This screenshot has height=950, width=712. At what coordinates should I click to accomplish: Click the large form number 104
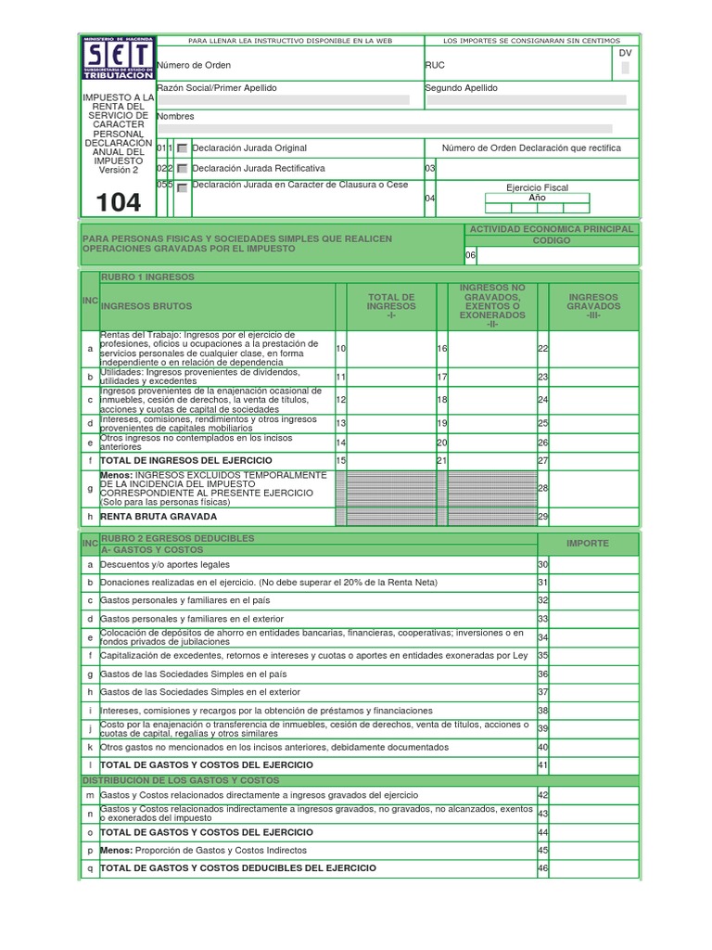[x=119, y=202]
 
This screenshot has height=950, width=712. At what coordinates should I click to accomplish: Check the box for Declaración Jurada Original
[x=183, y=148]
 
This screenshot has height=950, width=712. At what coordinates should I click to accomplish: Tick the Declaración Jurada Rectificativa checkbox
[x=183, y=169]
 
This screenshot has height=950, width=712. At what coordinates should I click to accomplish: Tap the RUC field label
[x=435, y=65]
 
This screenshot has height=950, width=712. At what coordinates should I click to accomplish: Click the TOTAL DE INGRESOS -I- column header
[x=391, y=306]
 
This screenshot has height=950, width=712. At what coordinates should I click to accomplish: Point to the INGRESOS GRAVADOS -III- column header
[x=592, y=306]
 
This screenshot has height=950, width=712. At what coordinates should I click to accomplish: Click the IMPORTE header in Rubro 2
[x=588, y=544]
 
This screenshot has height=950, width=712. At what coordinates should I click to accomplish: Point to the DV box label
[x=625, y=53]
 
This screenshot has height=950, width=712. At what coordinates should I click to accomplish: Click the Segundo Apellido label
[x=461, y=87]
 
